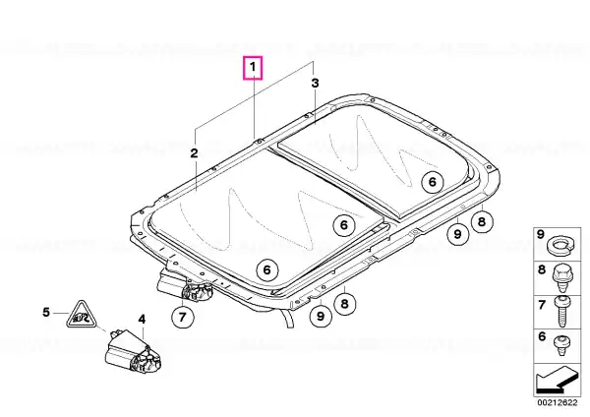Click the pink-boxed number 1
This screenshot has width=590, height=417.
pos(253,67)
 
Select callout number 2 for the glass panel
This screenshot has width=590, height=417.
pos(194,153)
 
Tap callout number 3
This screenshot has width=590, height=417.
pos(315,83)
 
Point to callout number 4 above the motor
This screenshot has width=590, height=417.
pos(142,320)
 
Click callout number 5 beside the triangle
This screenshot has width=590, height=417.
pos(46,312)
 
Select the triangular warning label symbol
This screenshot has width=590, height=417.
pos(81,316)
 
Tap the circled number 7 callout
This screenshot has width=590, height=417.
pos(183,318)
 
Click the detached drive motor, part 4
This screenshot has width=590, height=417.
pos(133,352)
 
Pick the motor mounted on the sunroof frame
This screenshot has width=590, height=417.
pos(185,287)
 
